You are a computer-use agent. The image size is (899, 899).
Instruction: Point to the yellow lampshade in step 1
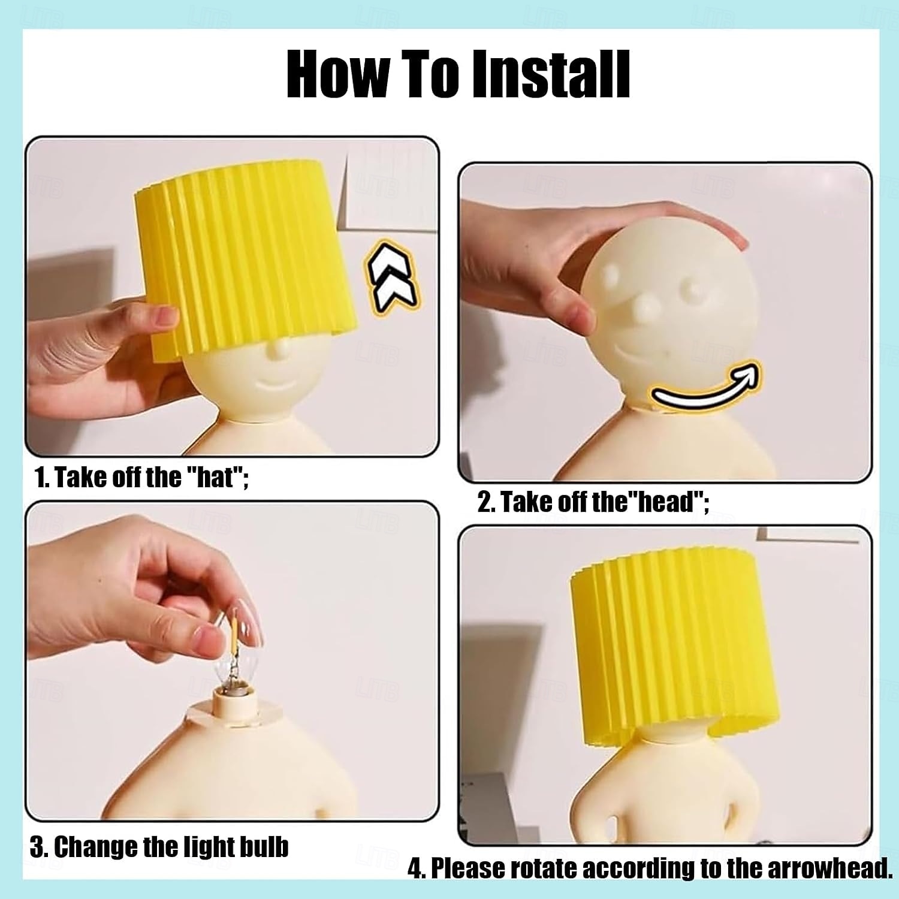[246, 258]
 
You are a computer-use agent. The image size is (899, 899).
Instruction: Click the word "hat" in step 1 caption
[214, 478]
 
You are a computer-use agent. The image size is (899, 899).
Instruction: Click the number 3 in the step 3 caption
[36, 847]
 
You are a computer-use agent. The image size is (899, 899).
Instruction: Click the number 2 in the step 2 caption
[484, 502]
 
